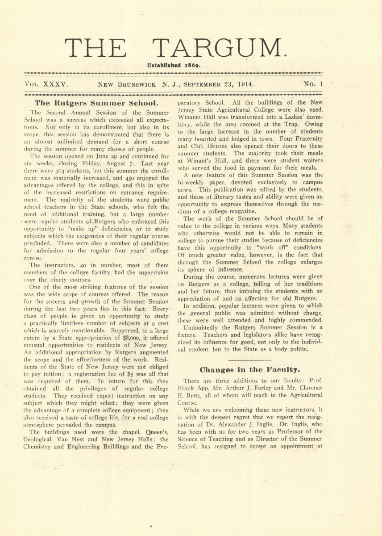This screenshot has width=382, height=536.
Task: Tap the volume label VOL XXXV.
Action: (x=46, y=84)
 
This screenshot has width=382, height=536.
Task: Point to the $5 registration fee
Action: (x=120, y=373)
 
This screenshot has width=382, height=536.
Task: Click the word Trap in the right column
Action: (x=290, y=124)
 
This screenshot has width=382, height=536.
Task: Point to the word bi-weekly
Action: (x=192, y=182)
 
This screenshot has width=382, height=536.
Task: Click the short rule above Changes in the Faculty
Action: (x=250, y=360)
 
